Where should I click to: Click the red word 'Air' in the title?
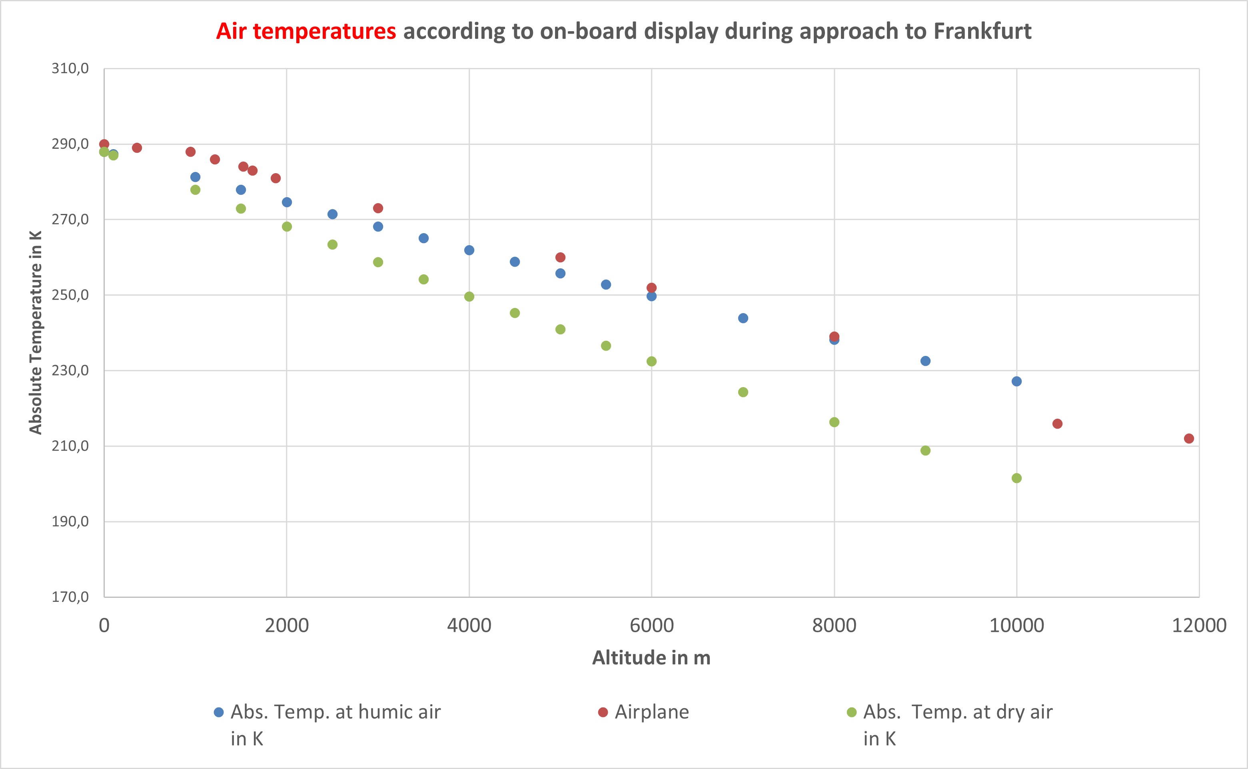coord(232,31)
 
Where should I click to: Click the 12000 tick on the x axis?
coord(1199,625)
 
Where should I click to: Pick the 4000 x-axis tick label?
coord(469,625)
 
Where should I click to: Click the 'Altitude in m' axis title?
coord(651,657)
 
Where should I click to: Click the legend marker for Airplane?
coord(603,712)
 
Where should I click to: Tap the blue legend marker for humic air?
coord(219,712)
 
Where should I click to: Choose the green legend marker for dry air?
coord(851,712)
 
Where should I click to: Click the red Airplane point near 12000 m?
coord(1188,438)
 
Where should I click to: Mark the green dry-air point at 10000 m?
coord(1016,478)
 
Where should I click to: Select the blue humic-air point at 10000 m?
coord(1016,382)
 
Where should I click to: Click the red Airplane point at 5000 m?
coord(560,258)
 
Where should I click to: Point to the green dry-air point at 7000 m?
coord(743,392)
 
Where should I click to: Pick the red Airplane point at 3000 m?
coord(378,208)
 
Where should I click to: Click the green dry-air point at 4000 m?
coord(469,296)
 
